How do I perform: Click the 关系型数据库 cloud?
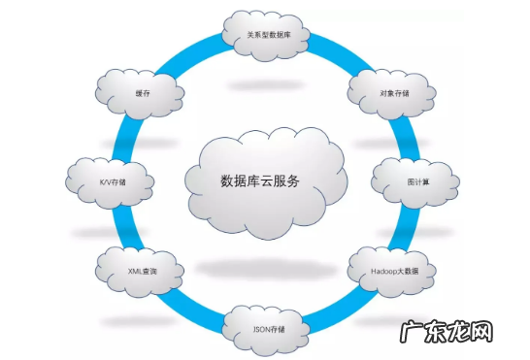point(264,36)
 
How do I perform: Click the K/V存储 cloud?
point(112,180)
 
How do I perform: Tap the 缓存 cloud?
point(143,94)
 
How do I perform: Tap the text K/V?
point(104,181)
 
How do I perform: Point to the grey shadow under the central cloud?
point(264,266)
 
